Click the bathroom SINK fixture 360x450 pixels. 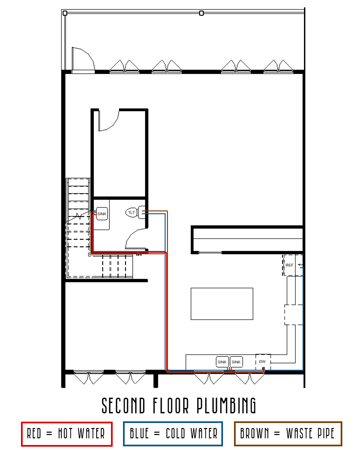(102, 214)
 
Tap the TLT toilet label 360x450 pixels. (132, 212)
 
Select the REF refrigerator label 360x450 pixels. (289, 265)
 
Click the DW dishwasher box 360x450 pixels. (263, 362)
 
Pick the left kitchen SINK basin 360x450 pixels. (222, 362)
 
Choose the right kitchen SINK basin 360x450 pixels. (236, 362)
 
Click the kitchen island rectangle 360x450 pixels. (222, 304)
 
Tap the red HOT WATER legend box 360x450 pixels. (67, 434)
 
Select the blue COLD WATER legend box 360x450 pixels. (173, 434)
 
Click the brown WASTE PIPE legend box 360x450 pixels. (288, 434)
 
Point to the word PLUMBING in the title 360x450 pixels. (226, 406)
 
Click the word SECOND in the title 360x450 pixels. (124, 406)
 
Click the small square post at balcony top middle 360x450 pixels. (201, 13)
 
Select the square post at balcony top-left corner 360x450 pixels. (65, 13)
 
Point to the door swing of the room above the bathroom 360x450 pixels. (109, 121)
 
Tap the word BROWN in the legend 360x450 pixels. (255, 434)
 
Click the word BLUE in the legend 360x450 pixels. (139, 434)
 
